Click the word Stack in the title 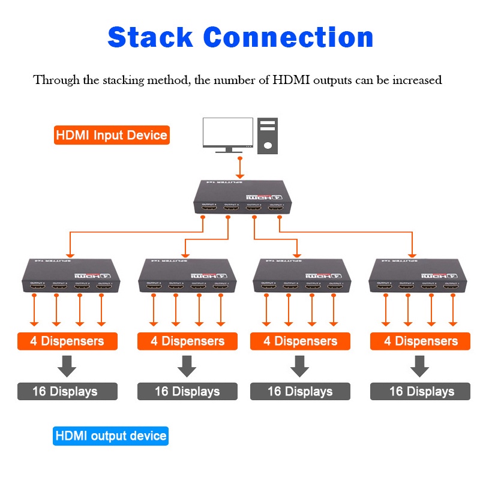pyautogui.click(x=150, y=37)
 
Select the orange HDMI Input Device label pyautogui.click(x=112, y=135)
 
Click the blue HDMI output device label pyautogui.click(x=111, y=436)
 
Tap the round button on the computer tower pyautogui.click(x=268, y=145)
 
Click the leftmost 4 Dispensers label pyautogui.click(x=67, y=341)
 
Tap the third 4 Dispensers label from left pyautogui.click(x=300, y=341)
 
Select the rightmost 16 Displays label pyautogui.click(x=421, y=392)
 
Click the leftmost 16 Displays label pyautogui.click(x=65, y=392)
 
